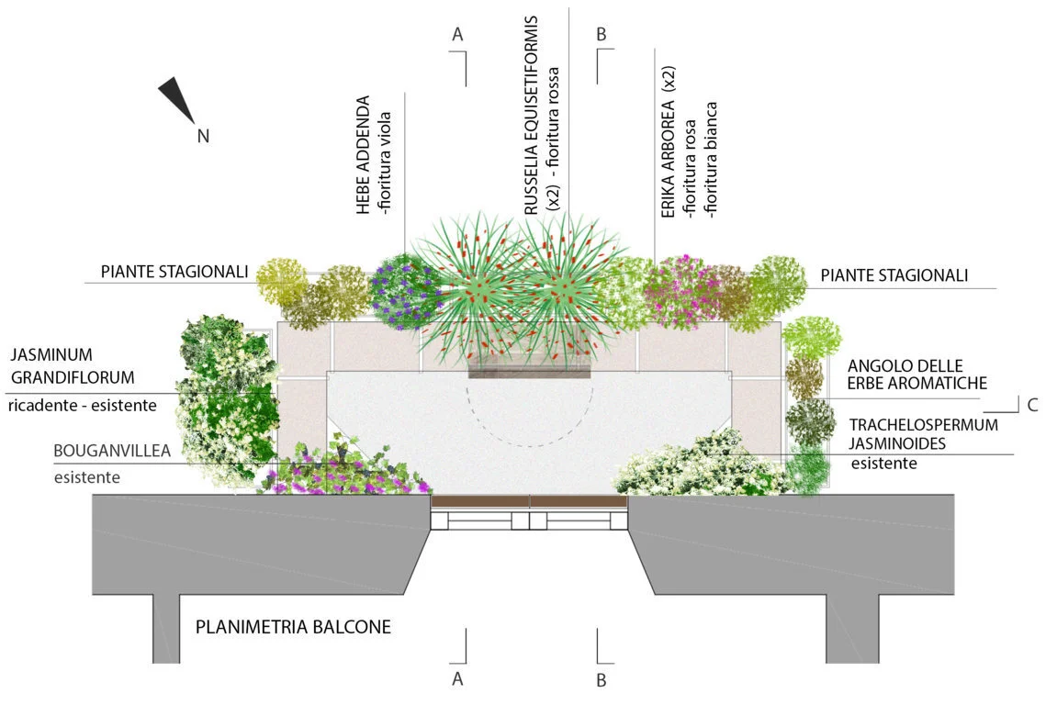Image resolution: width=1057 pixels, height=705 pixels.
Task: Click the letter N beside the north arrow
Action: tap(204, 136)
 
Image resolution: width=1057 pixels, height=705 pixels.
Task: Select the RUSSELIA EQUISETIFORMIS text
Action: tap(531, 115)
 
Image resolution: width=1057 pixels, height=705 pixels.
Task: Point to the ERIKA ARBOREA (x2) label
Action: tap(669, 142)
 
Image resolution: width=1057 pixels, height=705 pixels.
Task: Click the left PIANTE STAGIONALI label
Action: tap(174, 272)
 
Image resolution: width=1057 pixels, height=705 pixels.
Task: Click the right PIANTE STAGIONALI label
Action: tap(894, 275)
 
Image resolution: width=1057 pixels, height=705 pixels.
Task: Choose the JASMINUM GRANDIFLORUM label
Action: tap(73, 365)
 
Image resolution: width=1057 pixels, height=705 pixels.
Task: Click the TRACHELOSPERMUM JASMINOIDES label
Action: tap(923, 435)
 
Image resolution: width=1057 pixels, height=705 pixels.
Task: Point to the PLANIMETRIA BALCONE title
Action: tap(293, 628)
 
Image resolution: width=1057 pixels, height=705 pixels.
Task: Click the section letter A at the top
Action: tap(457, 34)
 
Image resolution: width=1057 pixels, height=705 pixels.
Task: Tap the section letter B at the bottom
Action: tap(602, 680)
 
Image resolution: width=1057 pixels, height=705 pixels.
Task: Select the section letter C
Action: tap(1032, 405)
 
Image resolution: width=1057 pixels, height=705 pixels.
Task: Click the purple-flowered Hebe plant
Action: tap(405, 290)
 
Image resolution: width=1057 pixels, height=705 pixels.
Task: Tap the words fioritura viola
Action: tap(386, 162)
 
